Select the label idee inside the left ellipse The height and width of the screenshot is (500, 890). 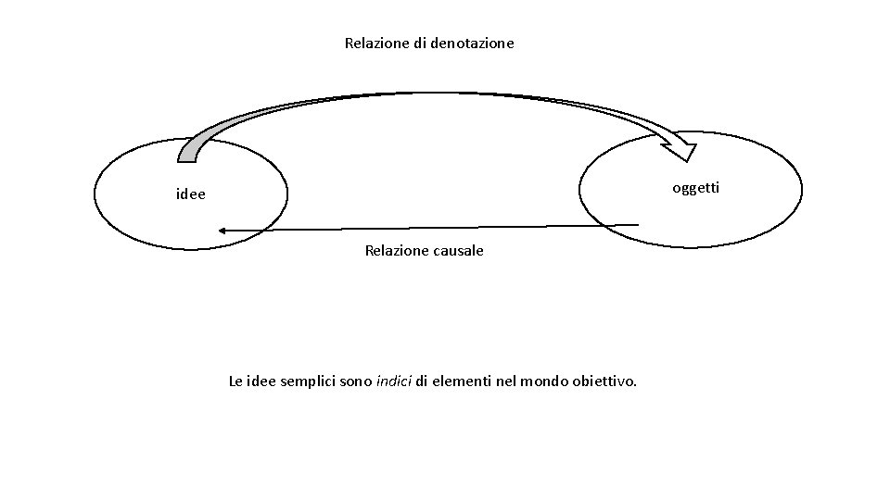[191, 195]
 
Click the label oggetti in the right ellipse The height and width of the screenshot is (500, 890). [695, 188]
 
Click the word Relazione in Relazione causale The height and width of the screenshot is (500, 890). [395, 251]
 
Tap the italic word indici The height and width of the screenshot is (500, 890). [394, 381]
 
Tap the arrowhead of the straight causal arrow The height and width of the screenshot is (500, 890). [222, 230]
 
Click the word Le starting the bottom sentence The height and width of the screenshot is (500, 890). [236, 381]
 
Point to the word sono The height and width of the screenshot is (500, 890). [358, 381]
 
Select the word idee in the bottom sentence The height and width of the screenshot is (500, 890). [265, 381]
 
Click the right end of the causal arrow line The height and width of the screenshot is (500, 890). [638, 224]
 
